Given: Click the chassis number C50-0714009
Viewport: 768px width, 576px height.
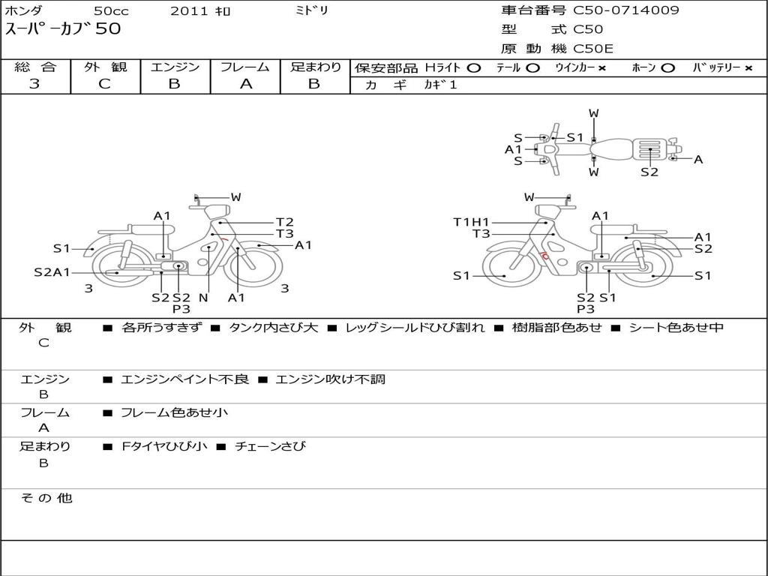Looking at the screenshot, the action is (x=626, y=10).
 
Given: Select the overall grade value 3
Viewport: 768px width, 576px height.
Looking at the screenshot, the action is (x=34, y=84).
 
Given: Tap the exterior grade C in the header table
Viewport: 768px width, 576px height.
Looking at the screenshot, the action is (x=104, y=84).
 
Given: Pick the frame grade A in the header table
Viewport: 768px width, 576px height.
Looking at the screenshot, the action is (x=246, y=84).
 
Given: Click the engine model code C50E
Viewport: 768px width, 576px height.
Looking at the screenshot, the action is (x=592, y=49).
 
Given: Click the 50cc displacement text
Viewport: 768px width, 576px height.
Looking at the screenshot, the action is (x=112, y=10).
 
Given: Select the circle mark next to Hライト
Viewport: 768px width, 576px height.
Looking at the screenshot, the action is (x=474, y=68).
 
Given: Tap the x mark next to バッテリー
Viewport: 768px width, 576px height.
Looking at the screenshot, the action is (x=748, y=68).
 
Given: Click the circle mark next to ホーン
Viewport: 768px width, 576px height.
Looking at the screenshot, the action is (x=667, y=68).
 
